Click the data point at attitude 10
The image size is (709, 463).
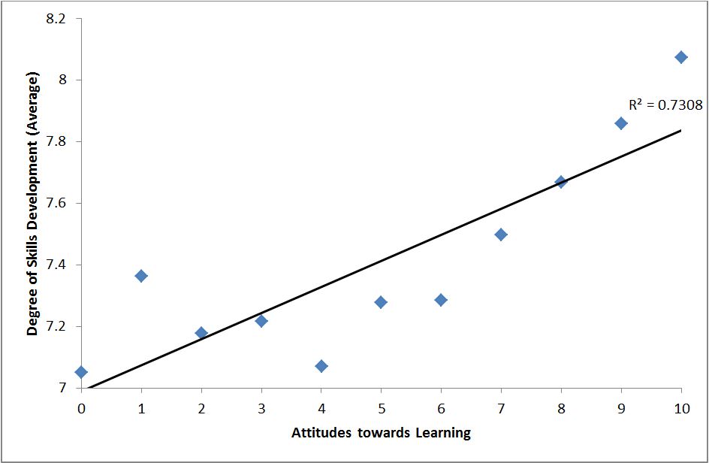pyautogui.click(x=681, y=57)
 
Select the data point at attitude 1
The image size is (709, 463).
pyautogui.click(x=141, y=276)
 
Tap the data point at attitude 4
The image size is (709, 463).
pyautogui.click(x=321, y=366)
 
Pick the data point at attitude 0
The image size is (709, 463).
pyautogui.click(x=81, y=372)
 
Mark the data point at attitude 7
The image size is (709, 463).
pyautogui.click(x=501, y=235)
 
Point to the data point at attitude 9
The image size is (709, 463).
pyautogui.click(x=621, y=123)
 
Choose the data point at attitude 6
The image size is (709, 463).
pyautogui.click(x=441, y=300)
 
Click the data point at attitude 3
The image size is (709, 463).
pyautogui.click(x=261, y=321)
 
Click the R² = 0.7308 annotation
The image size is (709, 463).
pyautogui.click(x=665, y=105)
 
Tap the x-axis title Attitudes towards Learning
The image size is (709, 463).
pyautogui.click(x=381, y=432)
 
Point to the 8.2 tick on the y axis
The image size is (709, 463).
pyautogui.click(x=56, y=19)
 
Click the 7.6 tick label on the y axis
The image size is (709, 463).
pyautogui.click(x=56, y=204)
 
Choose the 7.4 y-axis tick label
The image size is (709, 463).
pyautogui.click(x=56, y=265)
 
